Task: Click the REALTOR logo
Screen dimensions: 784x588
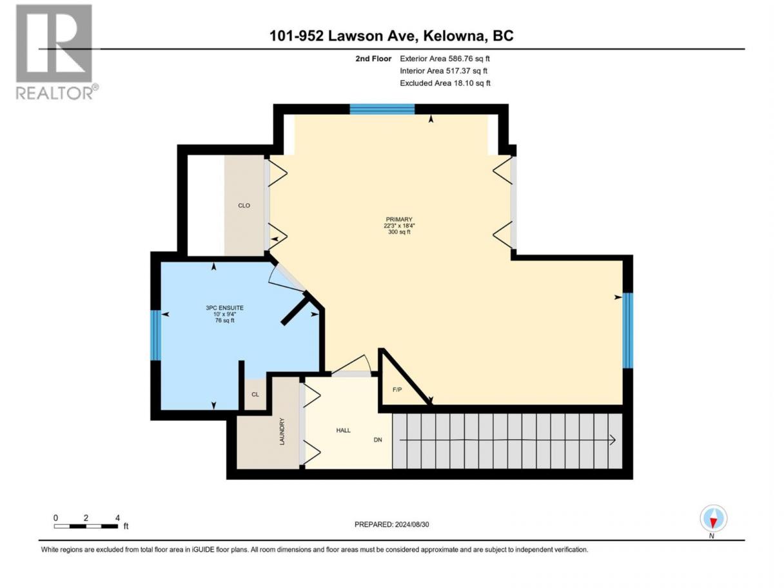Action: click(57, 52)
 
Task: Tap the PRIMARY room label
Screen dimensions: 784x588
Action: click(399, 219)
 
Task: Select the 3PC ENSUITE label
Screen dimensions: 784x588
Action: click(224, 308)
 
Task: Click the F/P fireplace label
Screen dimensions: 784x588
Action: click(397, 390)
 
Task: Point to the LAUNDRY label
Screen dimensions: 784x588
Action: click(282, 431)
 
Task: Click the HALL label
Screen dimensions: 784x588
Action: click(343, 431)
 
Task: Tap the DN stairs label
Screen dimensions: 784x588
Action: click(378, 440)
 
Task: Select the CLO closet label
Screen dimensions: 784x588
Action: click(244, 206)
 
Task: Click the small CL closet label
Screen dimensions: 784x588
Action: click(255, 395)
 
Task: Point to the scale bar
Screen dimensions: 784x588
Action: click(86, 526)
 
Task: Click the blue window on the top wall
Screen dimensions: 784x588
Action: click(382, 109)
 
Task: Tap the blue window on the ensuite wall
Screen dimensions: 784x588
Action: click(156, 336)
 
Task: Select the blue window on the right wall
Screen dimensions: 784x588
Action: click(627, 331)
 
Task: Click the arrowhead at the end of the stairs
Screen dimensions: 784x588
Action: click(612, 440)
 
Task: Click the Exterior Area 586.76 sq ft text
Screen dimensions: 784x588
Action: click(445, 59)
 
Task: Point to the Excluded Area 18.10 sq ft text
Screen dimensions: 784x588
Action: click(445, 83)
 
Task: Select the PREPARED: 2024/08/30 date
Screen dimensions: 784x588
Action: click(392, 524)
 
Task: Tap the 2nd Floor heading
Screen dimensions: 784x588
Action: click(373, 59)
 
